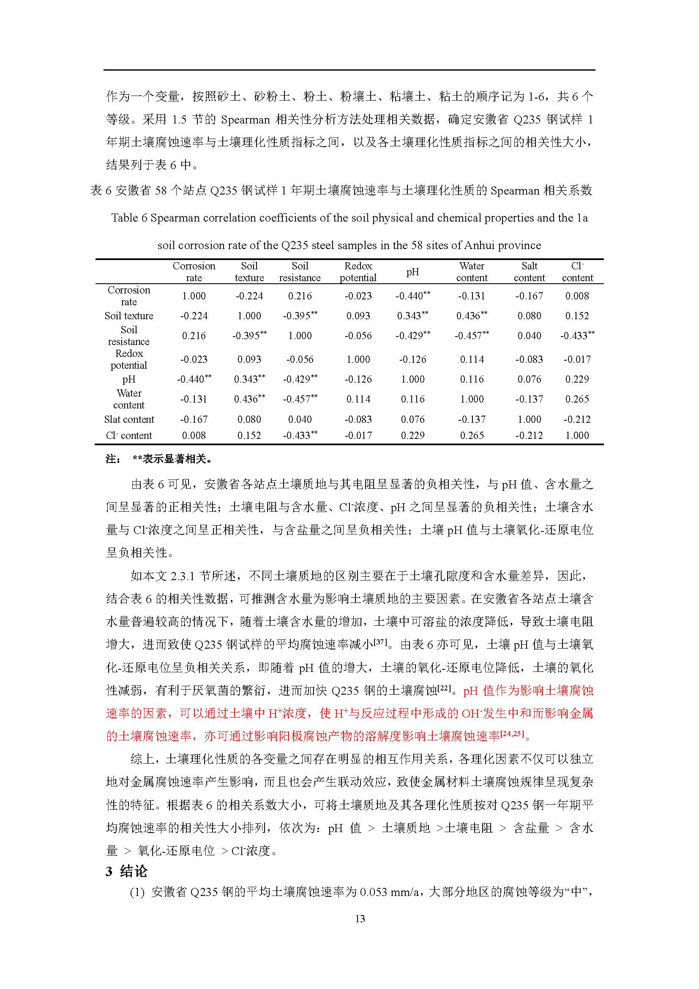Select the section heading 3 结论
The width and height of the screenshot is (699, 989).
[126, 871]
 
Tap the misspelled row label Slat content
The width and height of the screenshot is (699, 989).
[129, 419]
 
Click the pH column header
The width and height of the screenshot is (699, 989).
[412, 272]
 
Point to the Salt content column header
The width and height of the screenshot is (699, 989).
[529, 272]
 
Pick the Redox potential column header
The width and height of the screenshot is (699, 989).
[358, 272]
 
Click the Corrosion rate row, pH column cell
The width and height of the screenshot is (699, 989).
[412, 296]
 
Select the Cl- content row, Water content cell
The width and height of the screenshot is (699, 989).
[472, 436]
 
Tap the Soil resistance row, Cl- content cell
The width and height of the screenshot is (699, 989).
[577, 336]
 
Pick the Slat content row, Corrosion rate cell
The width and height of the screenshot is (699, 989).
[194, 419]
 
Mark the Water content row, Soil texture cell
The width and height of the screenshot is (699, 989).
[249, 399]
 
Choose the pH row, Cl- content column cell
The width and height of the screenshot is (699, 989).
[577, 379]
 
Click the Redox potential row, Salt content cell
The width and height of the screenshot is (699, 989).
[529, 359]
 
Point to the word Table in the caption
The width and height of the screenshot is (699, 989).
[124, 218]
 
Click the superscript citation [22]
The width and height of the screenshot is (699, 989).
[444, 688]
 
